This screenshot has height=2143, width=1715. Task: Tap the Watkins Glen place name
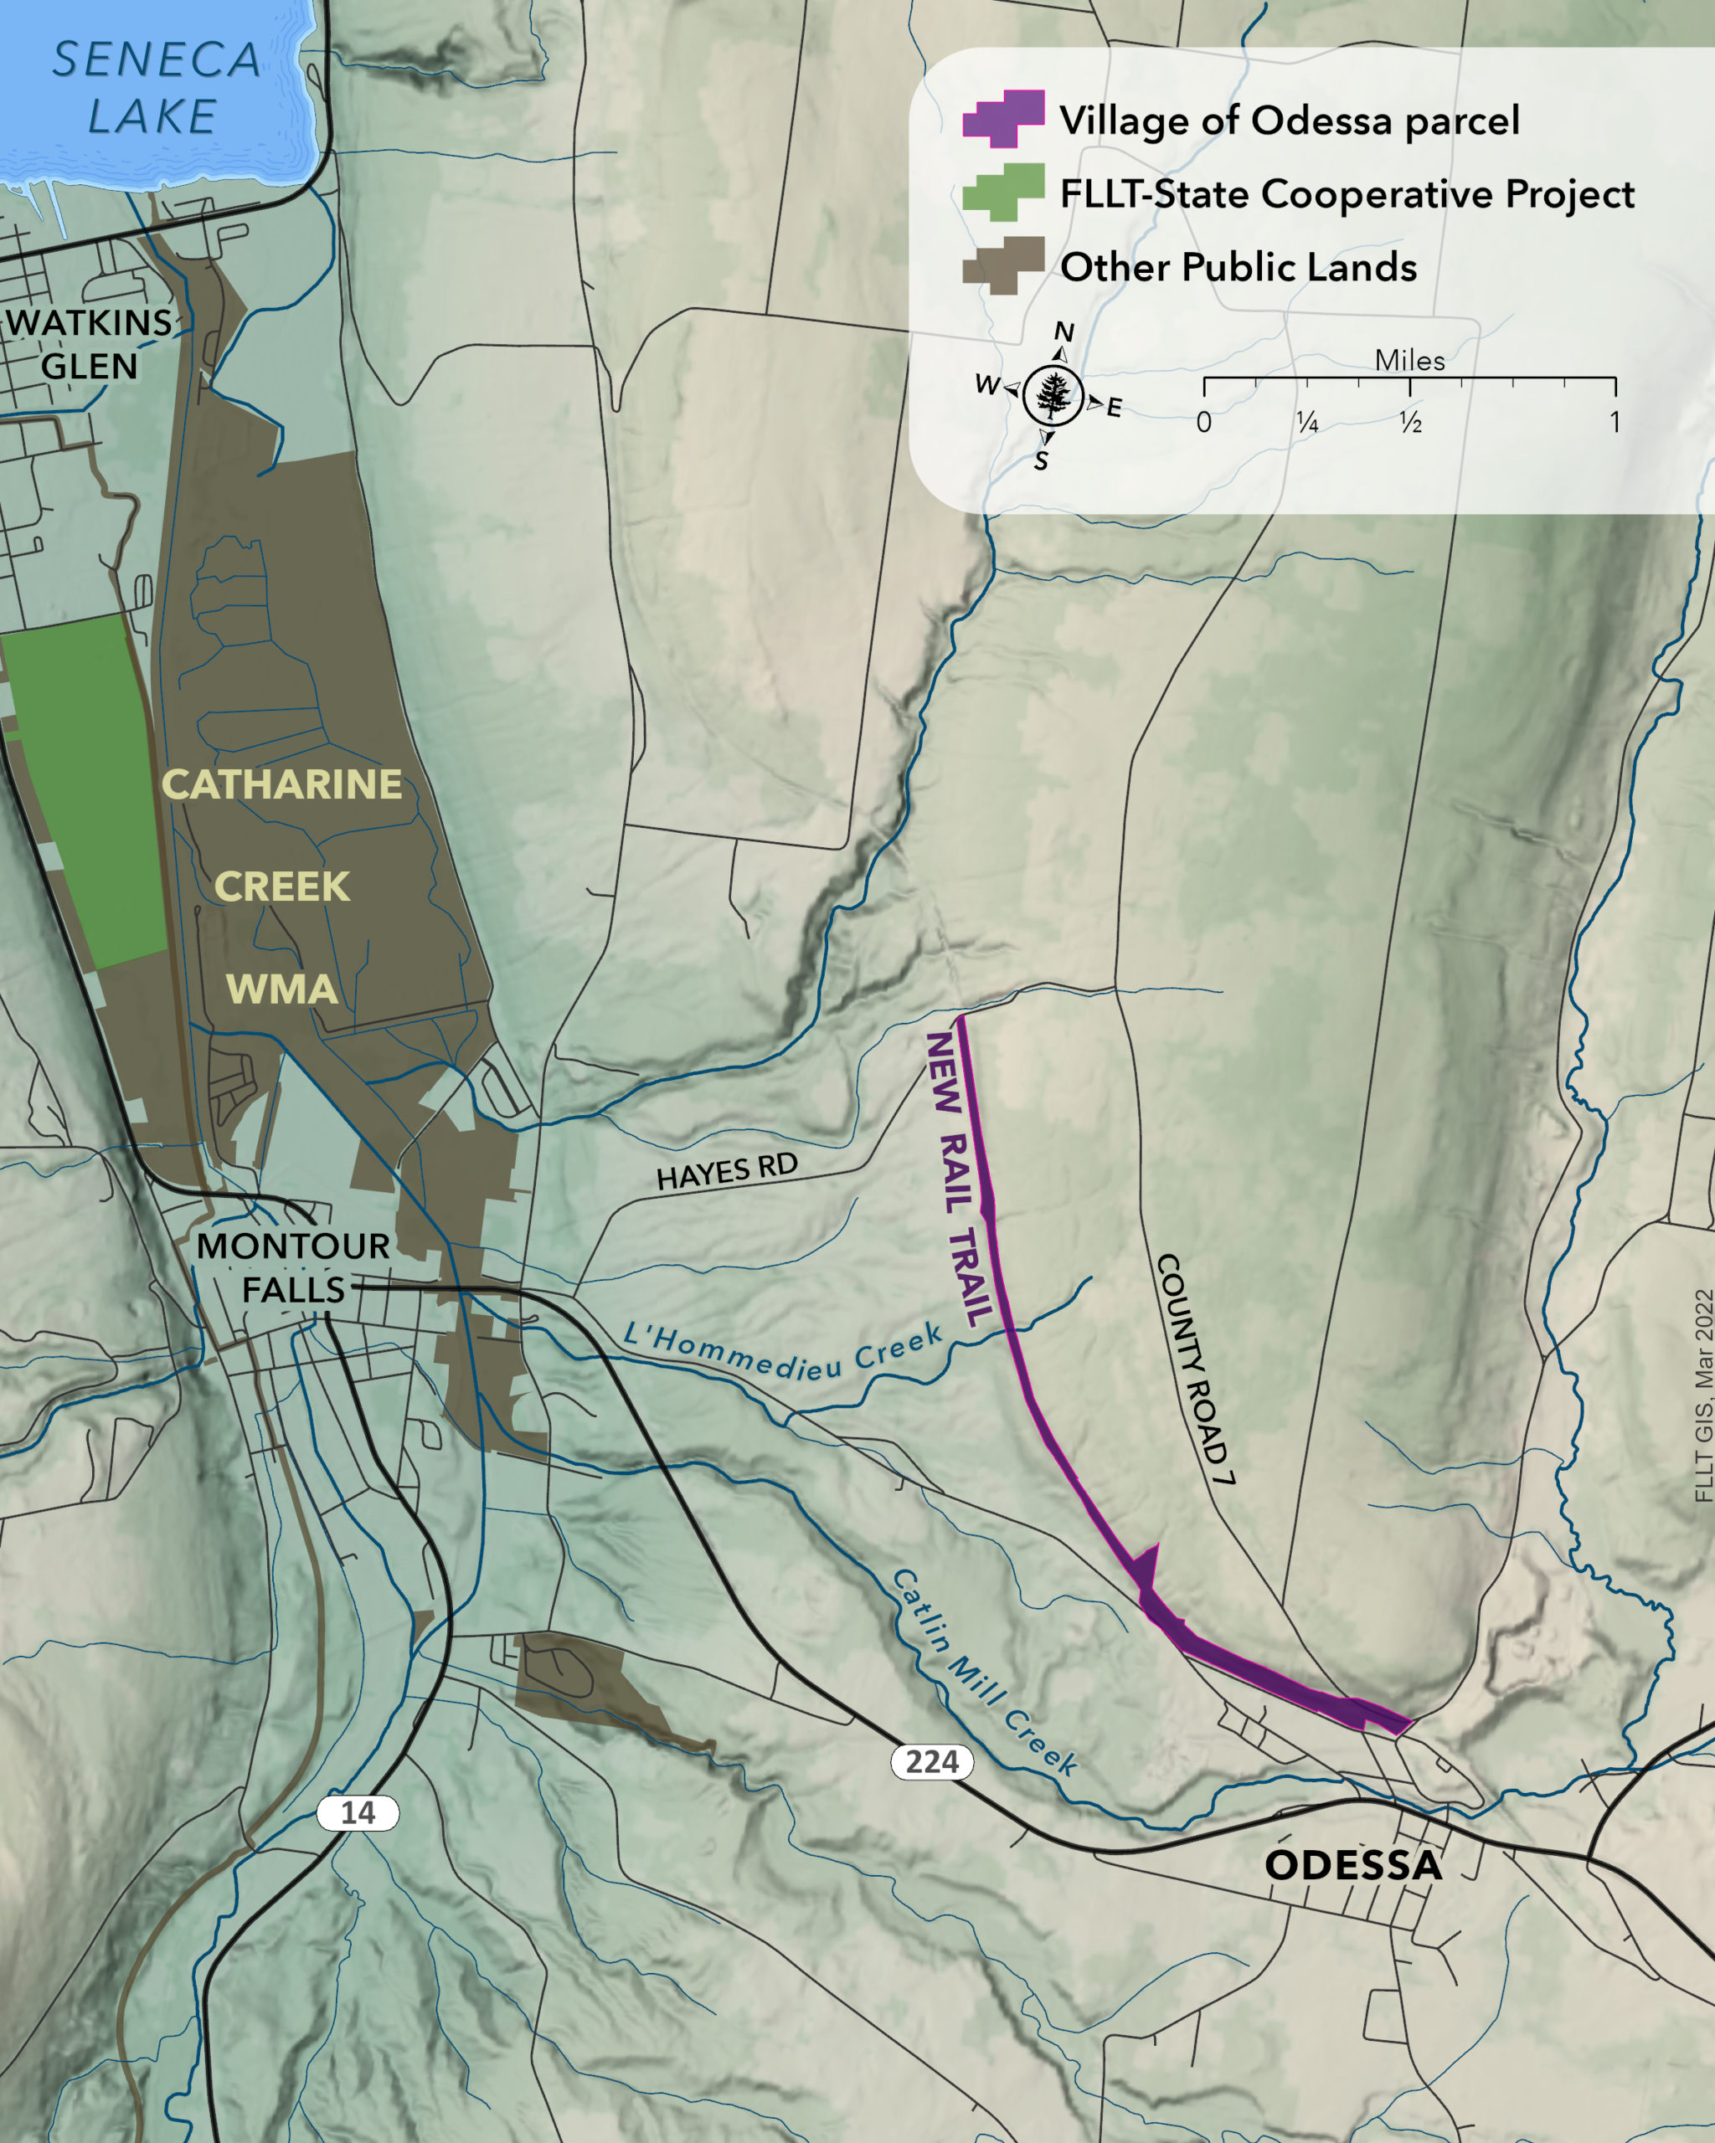point(90,344)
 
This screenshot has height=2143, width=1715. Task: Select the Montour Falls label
point(292,1267)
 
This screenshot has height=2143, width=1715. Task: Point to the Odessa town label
point(1352,1865)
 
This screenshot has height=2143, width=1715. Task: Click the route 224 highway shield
point(931,1761)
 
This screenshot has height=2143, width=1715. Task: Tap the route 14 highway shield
point(358,1812)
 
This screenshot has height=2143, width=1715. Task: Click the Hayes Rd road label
point(727,1171)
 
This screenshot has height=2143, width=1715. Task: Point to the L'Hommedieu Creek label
point(782,1353)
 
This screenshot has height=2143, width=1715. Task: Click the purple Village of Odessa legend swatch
point(1003,118)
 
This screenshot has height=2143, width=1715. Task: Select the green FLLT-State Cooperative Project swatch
point(1003,192)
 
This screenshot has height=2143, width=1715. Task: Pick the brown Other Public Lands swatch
point(1003,265)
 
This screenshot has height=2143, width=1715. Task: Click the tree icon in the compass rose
point(1053,396)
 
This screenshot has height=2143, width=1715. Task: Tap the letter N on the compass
point(1064,331)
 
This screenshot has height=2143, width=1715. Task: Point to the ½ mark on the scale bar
point(1410,423)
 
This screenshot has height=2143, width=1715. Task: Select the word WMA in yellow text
point(281,989)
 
